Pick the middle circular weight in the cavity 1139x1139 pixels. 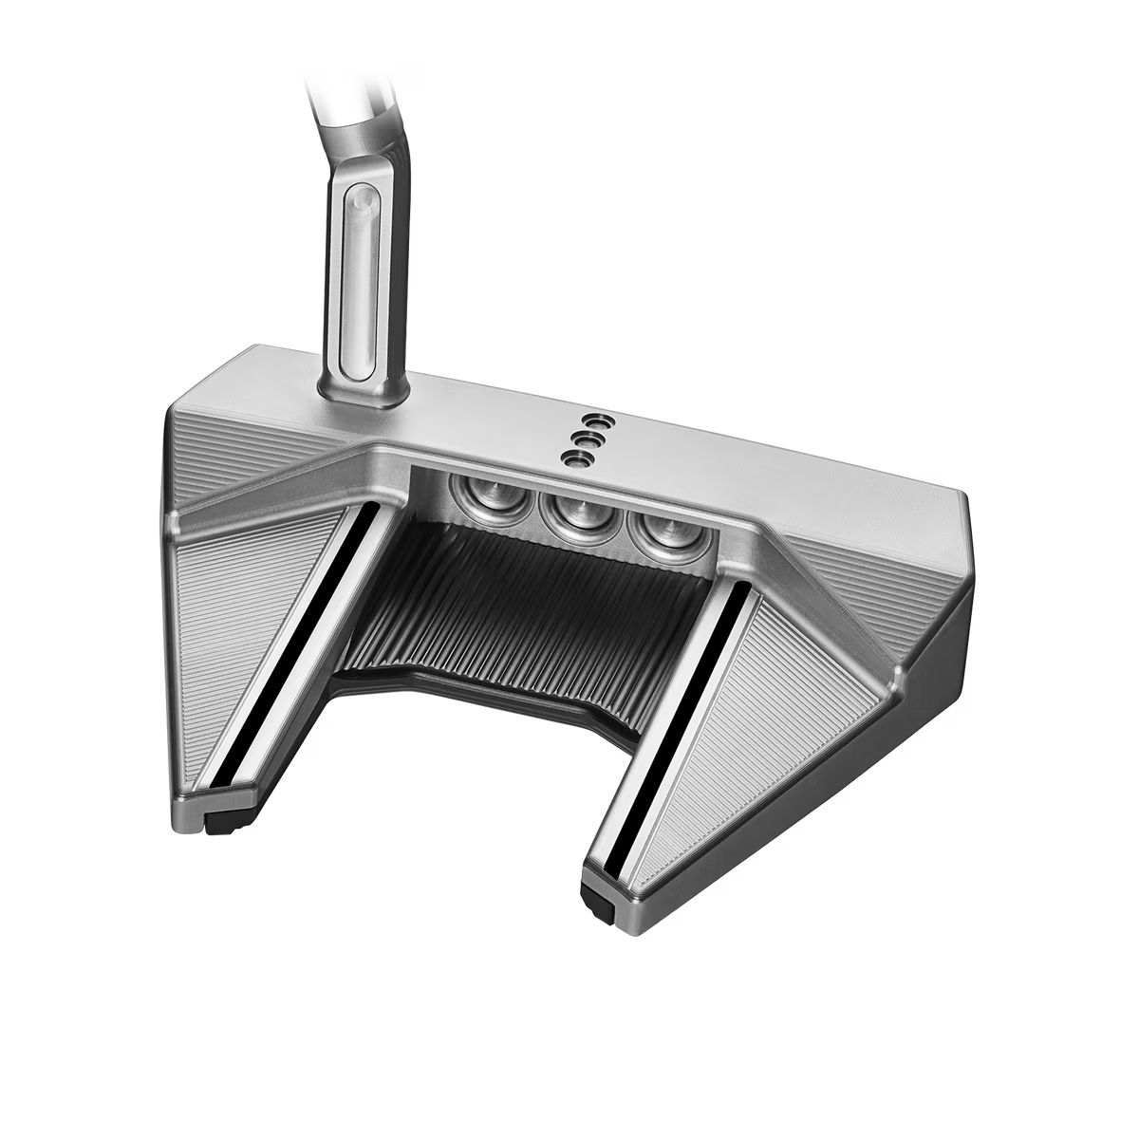pyautogui.click(x=572, y=512)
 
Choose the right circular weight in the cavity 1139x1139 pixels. pyautogui.click(x=661, y=531)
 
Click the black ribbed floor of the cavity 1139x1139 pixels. pyautogui.click(x=532, y=607)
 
